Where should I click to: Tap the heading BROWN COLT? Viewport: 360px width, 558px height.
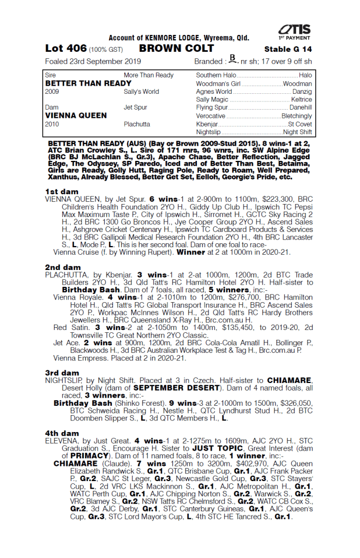pyautogui.click(x=169, y=48)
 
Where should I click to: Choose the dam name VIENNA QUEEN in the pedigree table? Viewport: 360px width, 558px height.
pyautogui.click(x=71, y=116)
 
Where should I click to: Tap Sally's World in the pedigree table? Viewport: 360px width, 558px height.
pyautogui.click(x=141, y=92)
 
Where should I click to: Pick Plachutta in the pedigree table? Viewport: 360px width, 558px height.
pyautogui.click(x=137, y=124)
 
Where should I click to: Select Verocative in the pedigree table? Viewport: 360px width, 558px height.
pyautogui.click(x=211, y=116)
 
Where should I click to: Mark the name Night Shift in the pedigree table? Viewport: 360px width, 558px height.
pyautogui.click(x=297, y=132)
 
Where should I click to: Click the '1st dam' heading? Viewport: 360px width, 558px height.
pyautogui.click(x=62, y=192)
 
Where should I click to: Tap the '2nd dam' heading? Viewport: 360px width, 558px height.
pyautogui.click(x=62, y=267)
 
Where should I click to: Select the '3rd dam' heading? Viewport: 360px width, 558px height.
pyautogui.click(x=62, y=373)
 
